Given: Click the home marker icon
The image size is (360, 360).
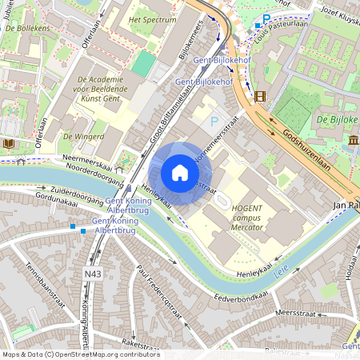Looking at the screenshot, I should coord(180,173).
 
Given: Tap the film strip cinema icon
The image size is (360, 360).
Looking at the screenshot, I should coord(259,97).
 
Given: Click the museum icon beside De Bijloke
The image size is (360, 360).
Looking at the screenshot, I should coord(353,141).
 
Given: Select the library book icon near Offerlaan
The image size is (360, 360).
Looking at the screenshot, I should coord(9,144).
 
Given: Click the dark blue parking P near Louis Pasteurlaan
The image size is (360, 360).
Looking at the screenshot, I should coord(266,18).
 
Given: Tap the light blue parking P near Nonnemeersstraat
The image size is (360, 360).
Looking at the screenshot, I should coord(213,122).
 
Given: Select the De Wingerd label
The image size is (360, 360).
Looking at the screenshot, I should coord(83,136).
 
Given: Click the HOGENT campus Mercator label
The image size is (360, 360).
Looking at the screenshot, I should coord(252,217).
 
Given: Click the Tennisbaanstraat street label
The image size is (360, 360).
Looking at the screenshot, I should coord(45,287).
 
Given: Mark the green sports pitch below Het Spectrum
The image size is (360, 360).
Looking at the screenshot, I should coord(144,64).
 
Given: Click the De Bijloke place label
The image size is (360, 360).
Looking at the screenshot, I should coord(336,119).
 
